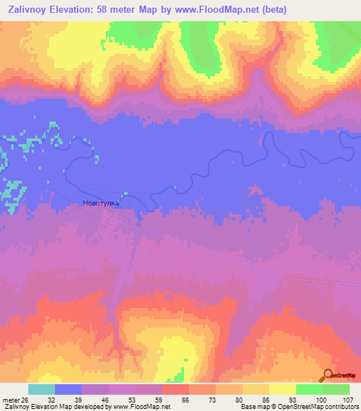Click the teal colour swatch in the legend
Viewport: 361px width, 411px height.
click(42, 388)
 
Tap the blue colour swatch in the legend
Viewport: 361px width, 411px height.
click(68, 388)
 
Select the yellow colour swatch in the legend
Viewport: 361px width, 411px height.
click(282, 388)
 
